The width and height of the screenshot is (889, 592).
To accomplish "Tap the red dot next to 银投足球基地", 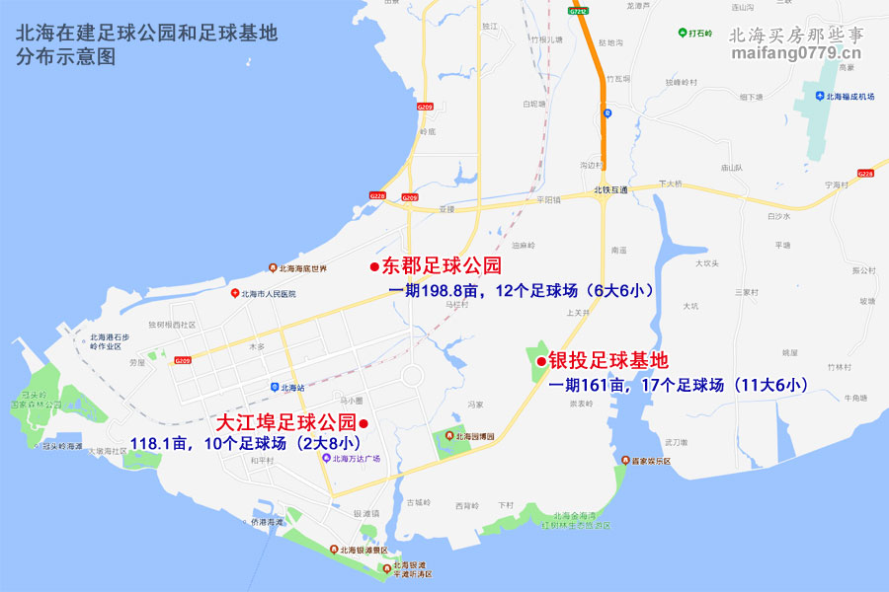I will click(541, 362).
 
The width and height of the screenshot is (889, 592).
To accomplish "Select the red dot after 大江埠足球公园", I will click(364, 424).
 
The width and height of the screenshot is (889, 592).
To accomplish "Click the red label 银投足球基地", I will click(608, 362).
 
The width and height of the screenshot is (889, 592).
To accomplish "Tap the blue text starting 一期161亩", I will click(680, 386).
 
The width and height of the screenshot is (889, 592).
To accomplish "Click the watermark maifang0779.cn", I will click(796, 52).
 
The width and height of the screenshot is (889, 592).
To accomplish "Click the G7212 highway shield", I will click(580, 12).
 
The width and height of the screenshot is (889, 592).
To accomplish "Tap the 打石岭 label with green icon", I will click(701, 33).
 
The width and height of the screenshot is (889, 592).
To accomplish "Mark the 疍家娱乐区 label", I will click(647, 461).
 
